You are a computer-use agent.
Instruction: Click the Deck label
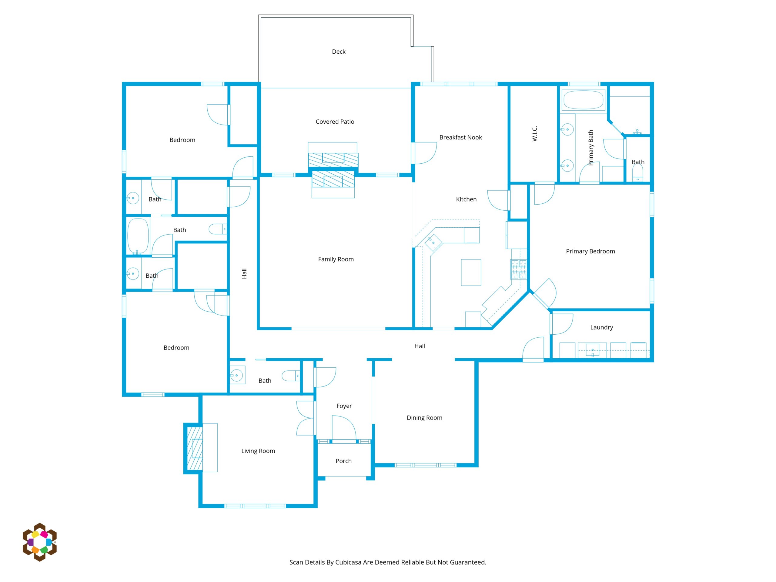(339, 52)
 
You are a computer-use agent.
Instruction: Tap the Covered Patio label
(335, 122)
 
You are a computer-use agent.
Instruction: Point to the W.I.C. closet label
(534, 134)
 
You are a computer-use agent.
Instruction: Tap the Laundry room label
(601, 327)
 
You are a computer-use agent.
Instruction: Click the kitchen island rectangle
(471, 272)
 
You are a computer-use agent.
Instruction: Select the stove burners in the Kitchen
(519, 269)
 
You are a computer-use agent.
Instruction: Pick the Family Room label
(336, 259)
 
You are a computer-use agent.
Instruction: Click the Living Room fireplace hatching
(195, 448)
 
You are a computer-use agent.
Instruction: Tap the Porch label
(343, 461)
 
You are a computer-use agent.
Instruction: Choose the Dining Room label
(424, 418)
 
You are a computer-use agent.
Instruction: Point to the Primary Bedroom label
(590, 251)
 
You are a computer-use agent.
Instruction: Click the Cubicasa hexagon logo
(40, 542)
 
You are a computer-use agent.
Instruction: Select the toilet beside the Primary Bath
(637, 172)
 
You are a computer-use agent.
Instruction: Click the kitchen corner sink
(433, 242)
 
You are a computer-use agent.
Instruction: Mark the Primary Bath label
(591, 148)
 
